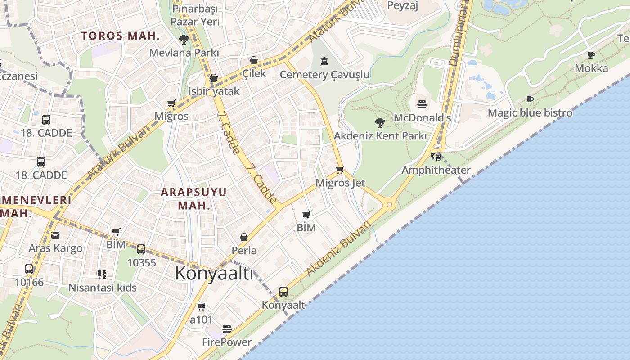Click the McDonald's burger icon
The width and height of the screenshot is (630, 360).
(x=422, y=104)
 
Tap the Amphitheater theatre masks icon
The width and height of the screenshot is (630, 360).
(x=436, y=157)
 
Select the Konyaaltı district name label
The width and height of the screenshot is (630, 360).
(x=214, y=273)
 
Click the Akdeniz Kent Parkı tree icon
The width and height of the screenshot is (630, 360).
(x=380, y=122)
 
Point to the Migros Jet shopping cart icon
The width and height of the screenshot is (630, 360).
(x=340, y=170)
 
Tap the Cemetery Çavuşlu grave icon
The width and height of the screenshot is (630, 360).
(x=324, y=61)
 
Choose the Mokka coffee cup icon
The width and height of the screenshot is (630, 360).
(x=591, y=55)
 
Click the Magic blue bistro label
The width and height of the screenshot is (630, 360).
(x=530, y=112)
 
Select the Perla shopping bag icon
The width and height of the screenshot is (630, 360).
(x=244, y=237)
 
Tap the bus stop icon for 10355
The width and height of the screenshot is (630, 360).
(x=141, y=249)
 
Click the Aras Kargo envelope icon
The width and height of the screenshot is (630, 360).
(x=55, y=235)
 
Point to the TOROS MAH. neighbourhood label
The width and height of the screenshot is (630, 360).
(x=121, y=36)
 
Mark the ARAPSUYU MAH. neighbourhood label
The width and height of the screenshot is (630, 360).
(x=194, y=198)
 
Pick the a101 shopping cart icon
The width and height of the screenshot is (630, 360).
(x=202, y=306)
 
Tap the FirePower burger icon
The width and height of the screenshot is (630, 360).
(x=227, y=329)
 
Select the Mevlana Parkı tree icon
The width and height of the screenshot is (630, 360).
(x=184, y=40)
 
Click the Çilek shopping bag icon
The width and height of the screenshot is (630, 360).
(x=254, y=60)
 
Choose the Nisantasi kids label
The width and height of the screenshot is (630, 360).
(x=103, y=287)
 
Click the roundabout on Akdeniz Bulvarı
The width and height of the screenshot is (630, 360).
(x=390, y=205)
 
